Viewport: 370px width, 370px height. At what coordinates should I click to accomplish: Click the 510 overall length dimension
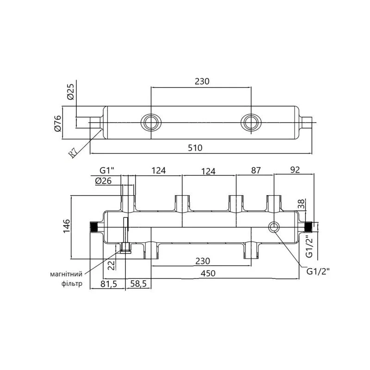tap(195, 148)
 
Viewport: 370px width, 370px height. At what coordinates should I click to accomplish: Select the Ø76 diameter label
tap(58, 123)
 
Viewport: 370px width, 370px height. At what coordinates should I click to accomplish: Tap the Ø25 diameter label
tap(71, 92)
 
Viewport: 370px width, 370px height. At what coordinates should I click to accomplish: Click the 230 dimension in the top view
tap(202, 81)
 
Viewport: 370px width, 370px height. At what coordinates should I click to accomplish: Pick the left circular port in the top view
tap(151, 123)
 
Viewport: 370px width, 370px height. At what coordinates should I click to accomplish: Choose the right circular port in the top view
tap(251, 123)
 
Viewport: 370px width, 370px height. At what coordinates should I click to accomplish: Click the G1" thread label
tap(107, 170)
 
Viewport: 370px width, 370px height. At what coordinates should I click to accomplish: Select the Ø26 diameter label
tap(103, 181)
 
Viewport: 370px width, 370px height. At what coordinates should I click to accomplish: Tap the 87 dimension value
tap(256, 170)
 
